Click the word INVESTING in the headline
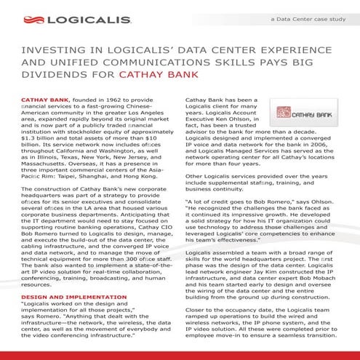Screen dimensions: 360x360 tap(53, 52)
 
